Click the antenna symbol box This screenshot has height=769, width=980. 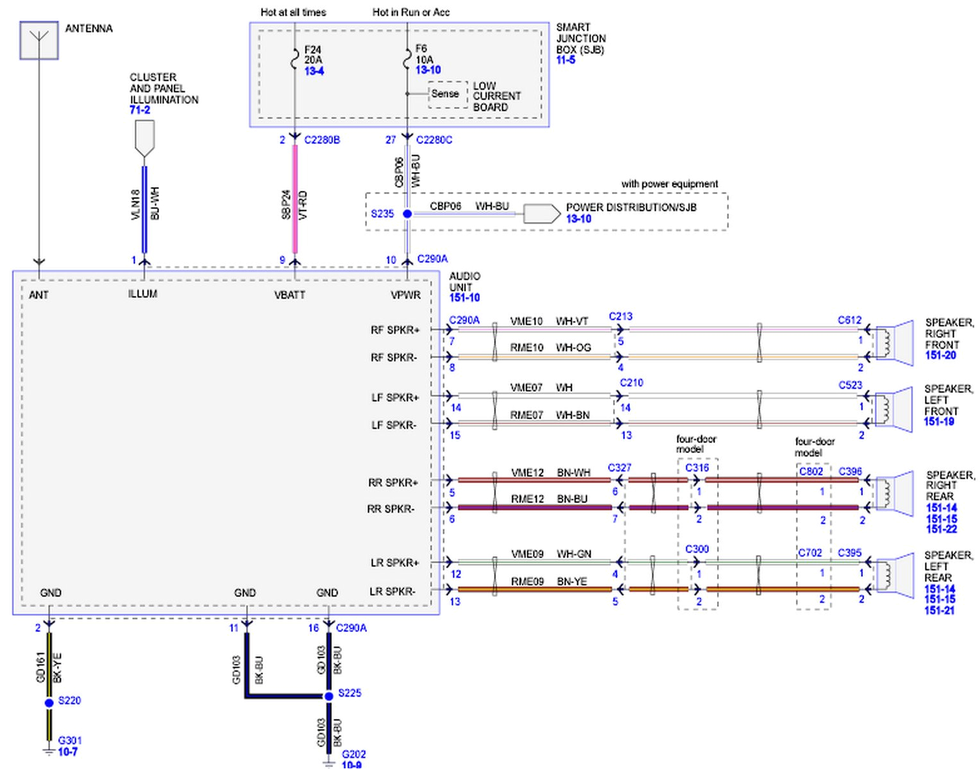pyautogui.click(x=39, y=40)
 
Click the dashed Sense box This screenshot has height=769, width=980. pyautogui.click(x=446, y=94)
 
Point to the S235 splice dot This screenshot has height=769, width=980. pyautogui.click(x=407, y=213)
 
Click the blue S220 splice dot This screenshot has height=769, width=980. pyautogui.click(x=49, y=703)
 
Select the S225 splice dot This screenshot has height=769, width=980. pyautogui.click(x=328, y=695)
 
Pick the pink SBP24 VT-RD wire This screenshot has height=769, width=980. pyautogui.click(x=295, y=199)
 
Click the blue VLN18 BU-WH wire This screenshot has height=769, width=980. pyautogui.click(x=144, y=208)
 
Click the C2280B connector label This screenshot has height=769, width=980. pyautogui.click(x=322, y=140)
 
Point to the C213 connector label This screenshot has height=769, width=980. pyautogui.click(x=620, y=317)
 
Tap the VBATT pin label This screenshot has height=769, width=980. pyautogui.click(x=290, y=295)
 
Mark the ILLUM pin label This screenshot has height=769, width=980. pyautogui.click(x=142, y=294)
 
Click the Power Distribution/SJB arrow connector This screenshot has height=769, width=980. pyautogui.click(x=541, y=213)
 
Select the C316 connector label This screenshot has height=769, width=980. pyautogui.click(x=697, y=468)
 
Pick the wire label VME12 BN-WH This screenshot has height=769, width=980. pyautogui.click(x=550, y=473)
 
